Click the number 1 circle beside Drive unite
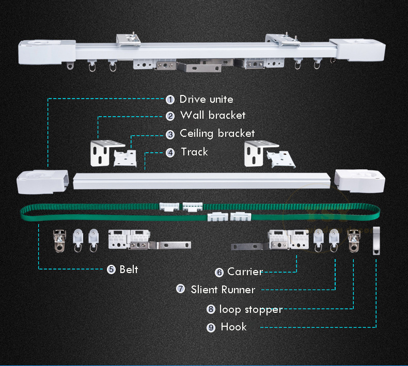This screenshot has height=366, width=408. coord(170,99)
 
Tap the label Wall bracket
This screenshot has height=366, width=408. coord(212,116)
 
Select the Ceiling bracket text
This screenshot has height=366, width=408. coord(217,133)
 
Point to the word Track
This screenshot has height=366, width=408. coord(194,152)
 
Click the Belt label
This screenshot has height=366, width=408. coord(129,269)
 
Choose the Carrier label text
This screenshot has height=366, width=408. coord(245,272)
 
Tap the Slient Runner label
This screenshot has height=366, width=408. coord(223,290)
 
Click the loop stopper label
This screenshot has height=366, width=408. coord(250,309)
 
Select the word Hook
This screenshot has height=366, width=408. coord(233,327)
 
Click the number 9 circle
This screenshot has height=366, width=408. coord(211,327)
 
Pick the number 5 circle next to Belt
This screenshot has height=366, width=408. coord(111,269)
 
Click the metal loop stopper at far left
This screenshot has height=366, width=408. coord(60,240)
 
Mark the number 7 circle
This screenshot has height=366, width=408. coord(180,289)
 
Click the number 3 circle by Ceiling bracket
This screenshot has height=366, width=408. coord(170,134)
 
